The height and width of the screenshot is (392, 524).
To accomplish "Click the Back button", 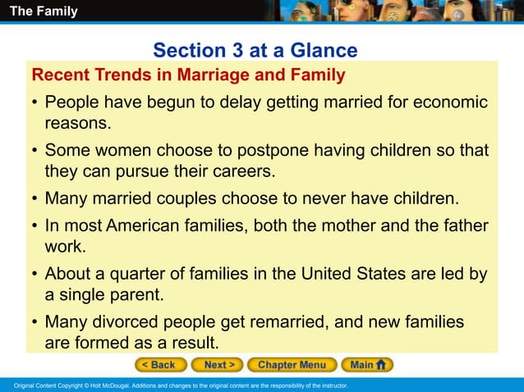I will pos(160,365).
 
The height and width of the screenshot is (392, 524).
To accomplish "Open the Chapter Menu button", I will pos(292,365).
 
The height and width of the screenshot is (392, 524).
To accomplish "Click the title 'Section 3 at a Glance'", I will pos(255,51).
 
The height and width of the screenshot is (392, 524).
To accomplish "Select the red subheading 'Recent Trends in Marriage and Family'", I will pos(188,76).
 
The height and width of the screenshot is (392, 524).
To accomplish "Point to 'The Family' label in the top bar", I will pos(44,11).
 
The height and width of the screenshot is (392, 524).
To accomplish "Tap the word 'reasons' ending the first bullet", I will pos(77,124).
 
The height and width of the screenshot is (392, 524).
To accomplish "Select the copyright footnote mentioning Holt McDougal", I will pos(176,385).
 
